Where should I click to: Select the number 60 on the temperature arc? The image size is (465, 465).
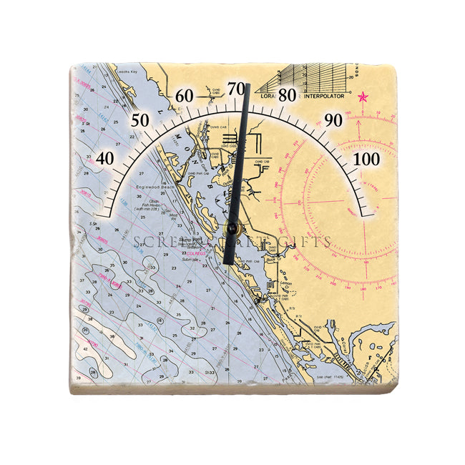pyautogui.click(x=185, y=96)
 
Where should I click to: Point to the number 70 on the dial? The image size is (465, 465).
pyautogui.click(x=236, y=88)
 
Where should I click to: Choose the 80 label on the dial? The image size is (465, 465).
pyautogui.click(x=288, y=95)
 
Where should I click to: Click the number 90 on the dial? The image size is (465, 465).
pyautogui.click(x=333, y=119)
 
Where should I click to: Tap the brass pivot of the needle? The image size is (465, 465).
pyautogui.click(x=232, y=228)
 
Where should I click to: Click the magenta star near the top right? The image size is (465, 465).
pyautogui.click(x=363, y=97)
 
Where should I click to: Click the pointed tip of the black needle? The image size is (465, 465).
pyautogui.click(x=248, y=85)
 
